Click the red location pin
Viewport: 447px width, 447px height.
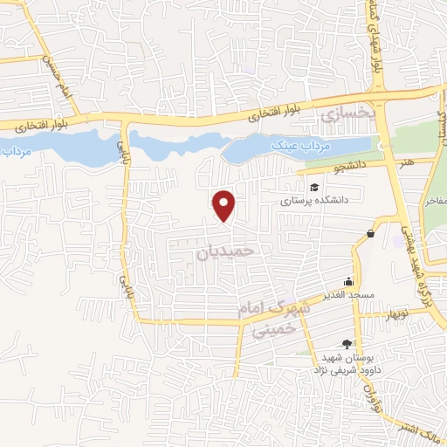point(225,205)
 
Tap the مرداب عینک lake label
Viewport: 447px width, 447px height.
point(289,144)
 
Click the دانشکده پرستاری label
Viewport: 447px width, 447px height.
point(314,200)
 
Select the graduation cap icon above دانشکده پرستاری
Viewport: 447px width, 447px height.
point(313,186)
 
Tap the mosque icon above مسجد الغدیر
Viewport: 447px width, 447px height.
point(349,281)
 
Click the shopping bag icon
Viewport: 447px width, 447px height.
point(371,234)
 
